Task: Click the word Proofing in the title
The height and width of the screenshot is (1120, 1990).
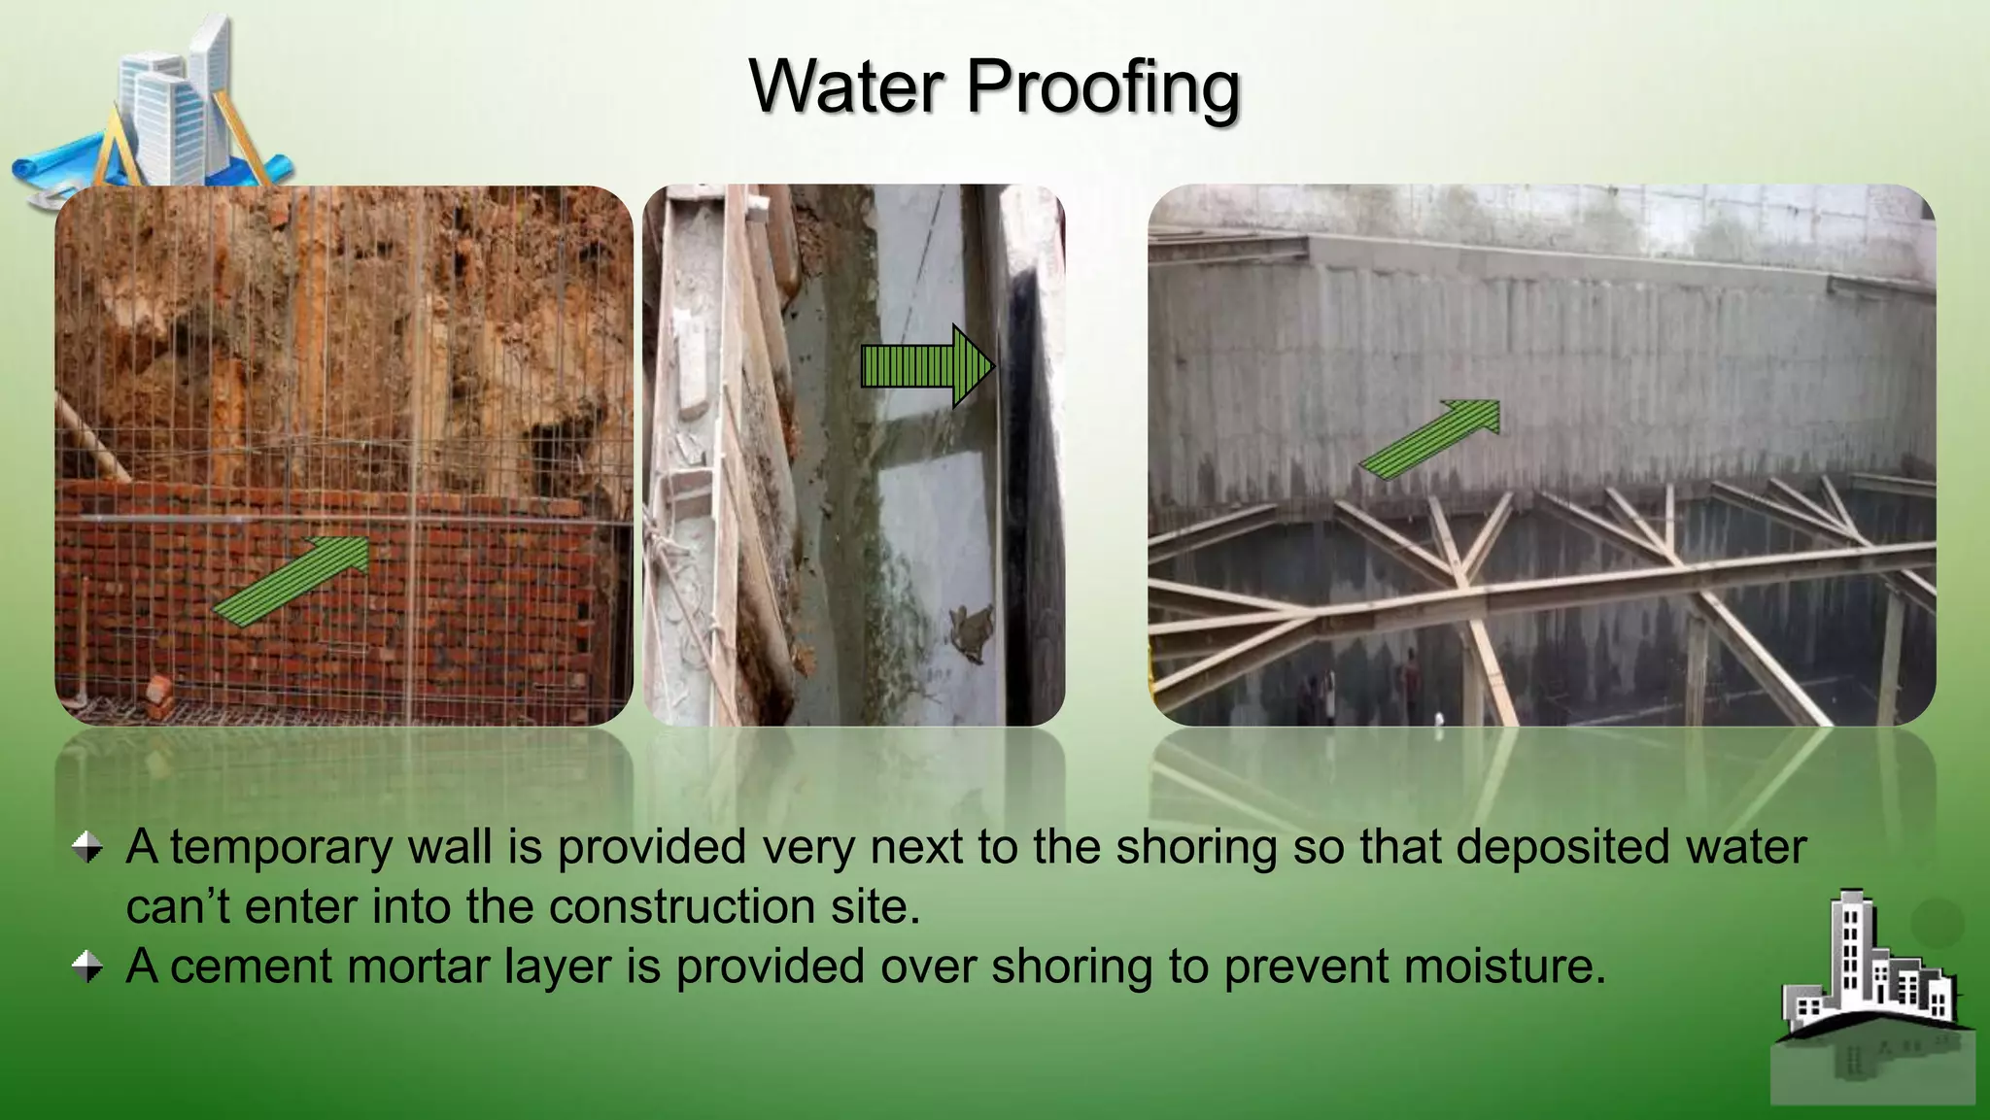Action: [x=1103, y=87]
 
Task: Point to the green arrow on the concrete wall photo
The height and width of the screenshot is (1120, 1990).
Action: [x=1429, y=439]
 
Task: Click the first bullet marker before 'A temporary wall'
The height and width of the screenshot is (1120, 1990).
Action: [x=87, y=847]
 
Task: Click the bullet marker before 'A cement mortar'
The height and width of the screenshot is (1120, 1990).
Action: [x=87, y=967]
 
